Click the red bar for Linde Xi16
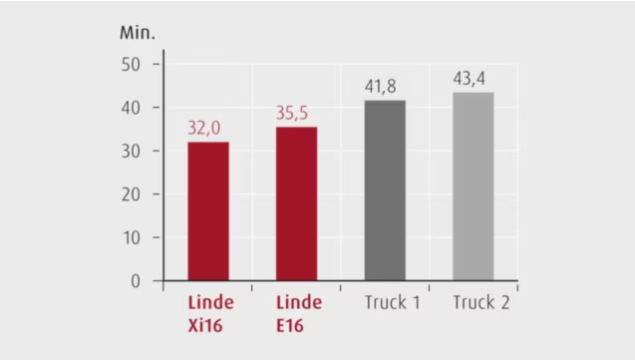[x=207, y=210]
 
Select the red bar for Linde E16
[x=296, y=203]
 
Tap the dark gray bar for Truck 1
[x=385, y=189]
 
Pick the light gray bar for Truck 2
[x=473, y=185]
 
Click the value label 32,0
[x=207, y=128]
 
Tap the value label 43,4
[x=473, y=79]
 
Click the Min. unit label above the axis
[x=138, y=32]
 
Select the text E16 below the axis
[x=296, y=325]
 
